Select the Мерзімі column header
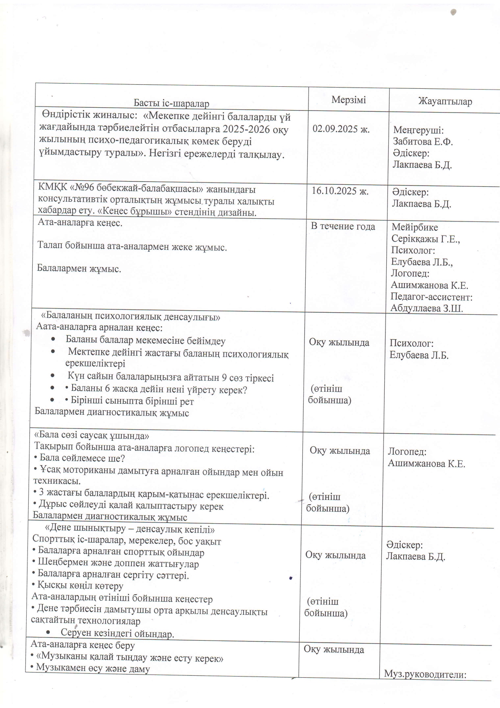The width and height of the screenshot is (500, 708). pos(349,100)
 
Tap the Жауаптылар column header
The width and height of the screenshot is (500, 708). pos(445,101)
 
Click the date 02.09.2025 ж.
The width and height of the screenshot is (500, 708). pos(341,129)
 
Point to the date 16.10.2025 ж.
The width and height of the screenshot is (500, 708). pos(340,191)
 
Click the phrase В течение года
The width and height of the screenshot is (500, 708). pos(343,226)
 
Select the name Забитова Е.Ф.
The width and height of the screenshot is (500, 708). pos(423,142)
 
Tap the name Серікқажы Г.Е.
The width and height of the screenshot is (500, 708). pos(426,239)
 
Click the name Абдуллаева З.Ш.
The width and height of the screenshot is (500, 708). pos(427,308)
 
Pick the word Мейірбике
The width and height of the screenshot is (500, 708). pos(415,227)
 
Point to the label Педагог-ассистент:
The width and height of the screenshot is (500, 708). pos(431,297)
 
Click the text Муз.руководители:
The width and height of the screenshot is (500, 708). pos(425,674)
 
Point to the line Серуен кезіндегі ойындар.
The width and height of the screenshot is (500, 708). pos(117,634)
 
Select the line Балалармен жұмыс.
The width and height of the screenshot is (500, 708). pos(79,268)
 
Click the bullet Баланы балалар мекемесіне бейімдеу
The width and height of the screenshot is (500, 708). pos(146,340)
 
